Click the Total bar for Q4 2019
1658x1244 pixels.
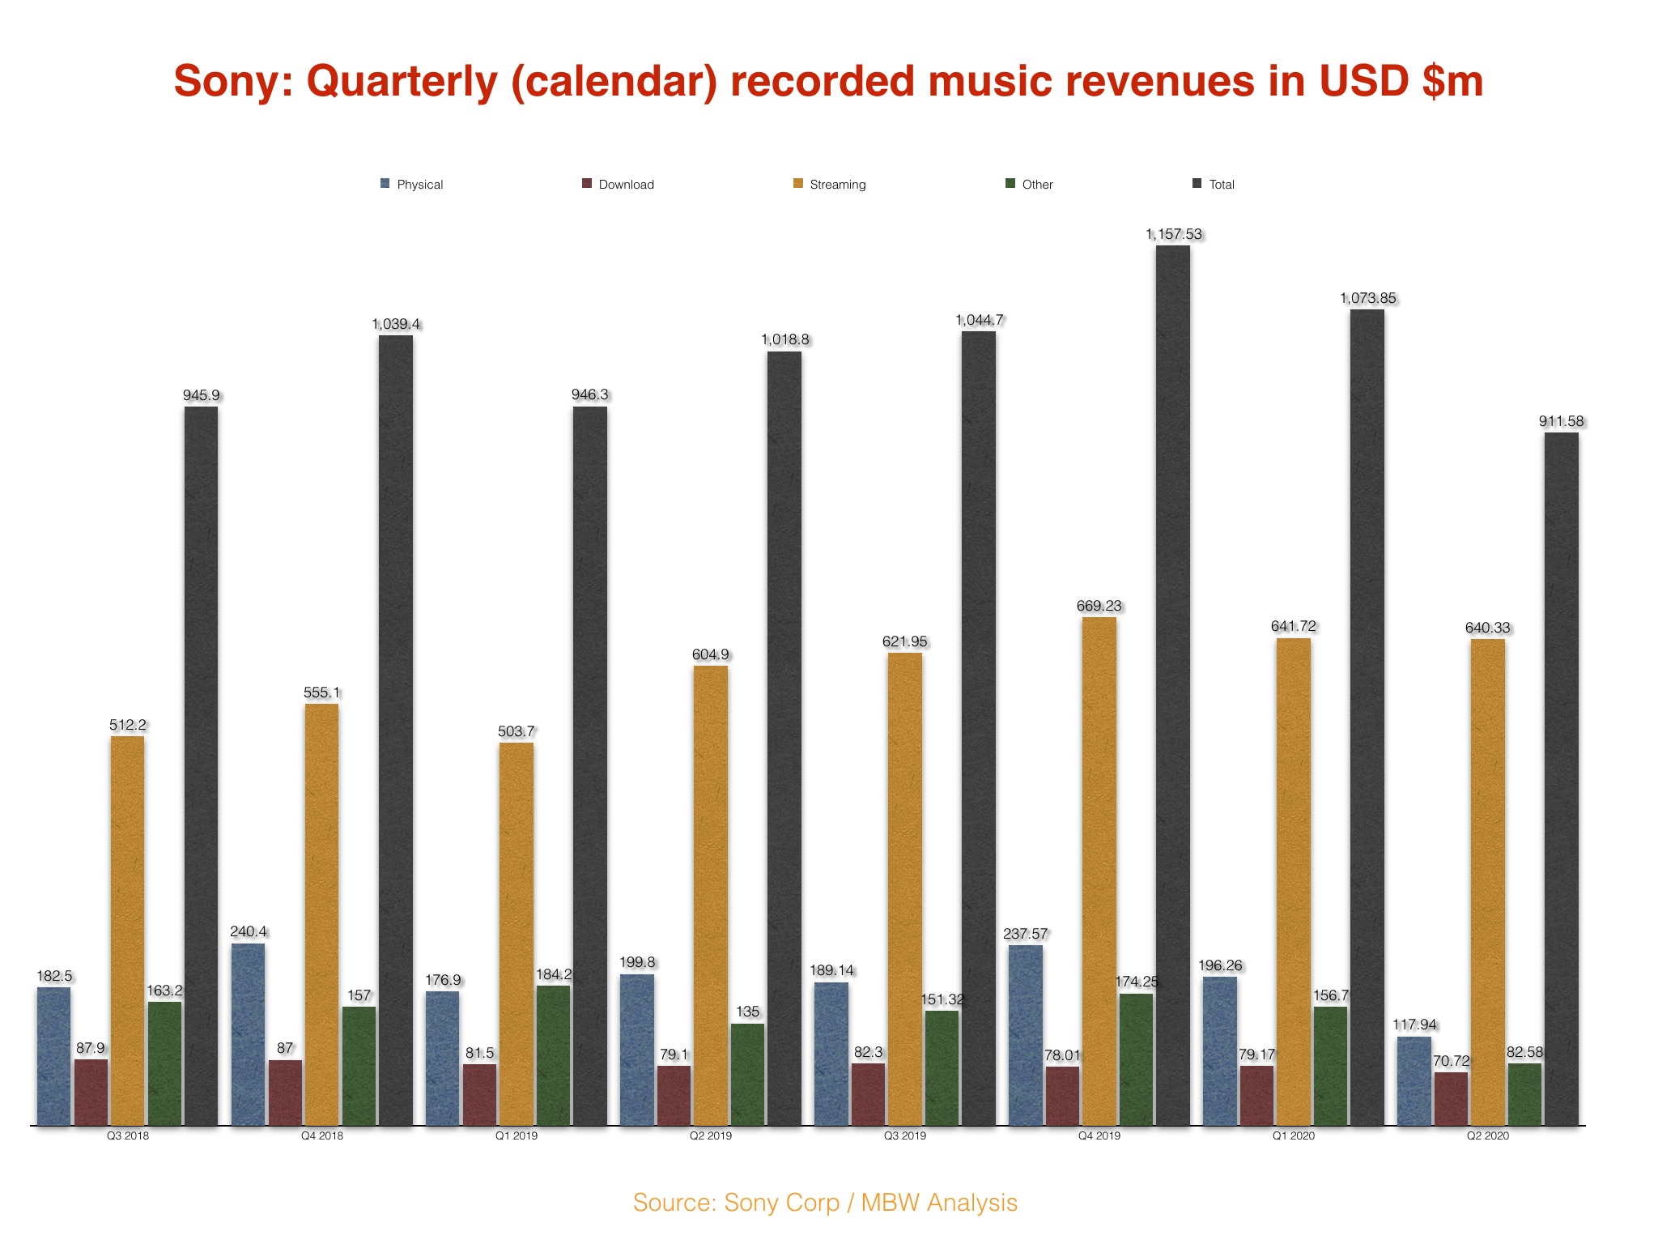pyautogui.click(x=1172, y=684)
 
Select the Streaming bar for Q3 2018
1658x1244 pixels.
pyautogui.click(x=127, y=931)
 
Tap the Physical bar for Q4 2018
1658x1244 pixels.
pyautogui.click(x=248, y=1034)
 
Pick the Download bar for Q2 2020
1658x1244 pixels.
pyautogui.click(x=1451, y=1098)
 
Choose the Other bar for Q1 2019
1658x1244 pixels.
pyautogui.click(x=553, y=1055)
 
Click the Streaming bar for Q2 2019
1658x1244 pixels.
pyautogui.click(x=710, y=895)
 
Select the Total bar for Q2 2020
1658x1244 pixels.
pyautogui.click(x=1561, y=778)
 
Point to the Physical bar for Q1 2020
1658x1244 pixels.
pyautogui.click(x=1219, y=1050)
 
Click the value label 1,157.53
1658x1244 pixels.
pyautogui.click(x=1173, y=234)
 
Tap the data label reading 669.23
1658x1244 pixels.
pyautogui.click(x=1099, y=606)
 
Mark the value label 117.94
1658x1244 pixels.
pyautogui.click(x=1414, y=1025)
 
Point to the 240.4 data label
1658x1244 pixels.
pyautogui.click(x=248, y=931)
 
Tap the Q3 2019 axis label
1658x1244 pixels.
pyautogui.click(x=904, y=1135)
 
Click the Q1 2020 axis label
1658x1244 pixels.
pyautogui.click(x=1293, y=1135)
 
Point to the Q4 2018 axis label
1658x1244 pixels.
pyautogui.click(x=321, y=1135)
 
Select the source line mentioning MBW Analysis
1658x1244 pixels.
pyautogui.click(x=825, y=1203)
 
